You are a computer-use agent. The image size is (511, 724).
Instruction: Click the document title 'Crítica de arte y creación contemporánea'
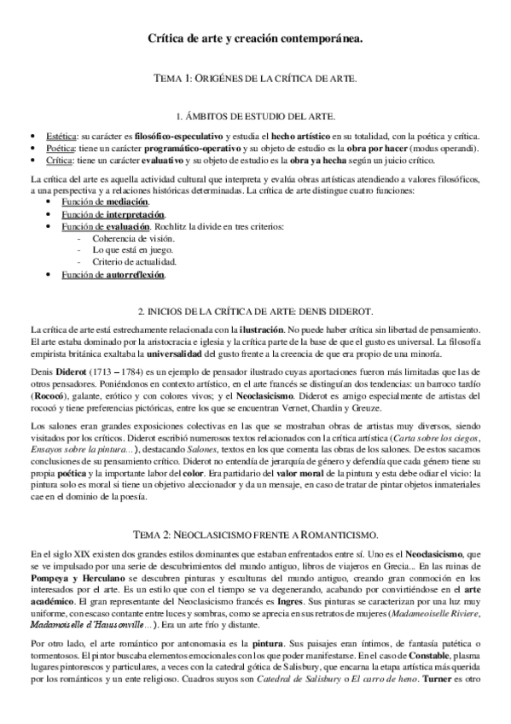255,38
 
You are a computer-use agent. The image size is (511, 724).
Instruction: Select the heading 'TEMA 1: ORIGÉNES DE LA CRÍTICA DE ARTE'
255,78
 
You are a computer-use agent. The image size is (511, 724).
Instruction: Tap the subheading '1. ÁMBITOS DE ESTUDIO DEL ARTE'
255,115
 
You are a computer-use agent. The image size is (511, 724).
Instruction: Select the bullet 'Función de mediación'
92,201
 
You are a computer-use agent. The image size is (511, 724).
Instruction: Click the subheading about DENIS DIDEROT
255,313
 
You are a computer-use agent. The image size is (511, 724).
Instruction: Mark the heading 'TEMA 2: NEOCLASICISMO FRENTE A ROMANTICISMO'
255,511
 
